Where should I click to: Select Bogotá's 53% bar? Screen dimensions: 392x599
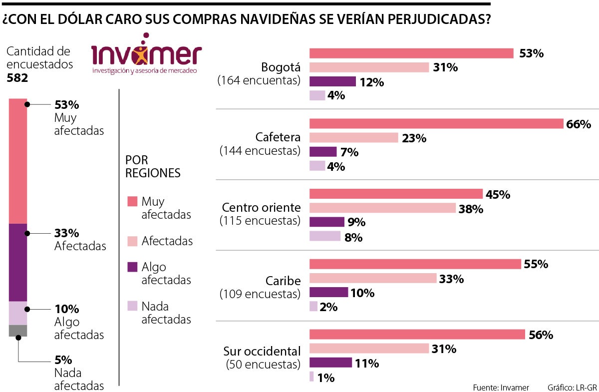(x=411, y=53)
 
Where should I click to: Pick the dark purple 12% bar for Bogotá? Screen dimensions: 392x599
(x=332, y=81)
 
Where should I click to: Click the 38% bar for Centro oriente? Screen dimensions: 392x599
(x=382, y=208)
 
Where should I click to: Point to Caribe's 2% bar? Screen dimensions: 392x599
(x=313, y=307)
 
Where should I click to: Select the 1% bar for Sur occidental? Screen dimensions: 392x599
(x=311, y=377)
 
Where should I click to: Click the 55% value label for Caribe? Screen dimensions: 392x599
(x=536, y=264)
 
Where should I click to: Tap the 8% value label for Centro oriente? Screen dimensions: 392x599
(x=353, y=237)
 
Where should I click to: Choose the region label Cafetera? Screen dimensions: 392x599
(x=278, y=137)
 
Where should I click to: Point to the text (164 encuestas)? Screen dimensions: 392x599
(x=259, y=80)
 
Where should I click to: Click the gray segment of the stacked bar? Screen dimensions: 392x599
(x=18, y=331)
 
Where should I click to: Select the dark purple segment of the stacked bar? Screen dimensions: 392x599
(x=18, y=262)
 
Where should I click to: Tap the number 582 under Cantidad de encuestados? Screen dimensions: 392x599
(x=17, y=78)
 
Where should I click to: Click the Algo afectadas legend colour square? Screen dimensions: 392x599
(x=132, y=267)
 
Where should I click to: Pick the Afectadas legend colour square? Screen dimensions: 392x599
(x=132, y=241)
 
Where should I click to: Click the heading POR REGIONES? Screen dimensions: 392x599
(x=153, y=166)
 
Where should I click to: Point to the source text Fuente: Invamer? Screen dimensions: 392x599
(x=501, y=387)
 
